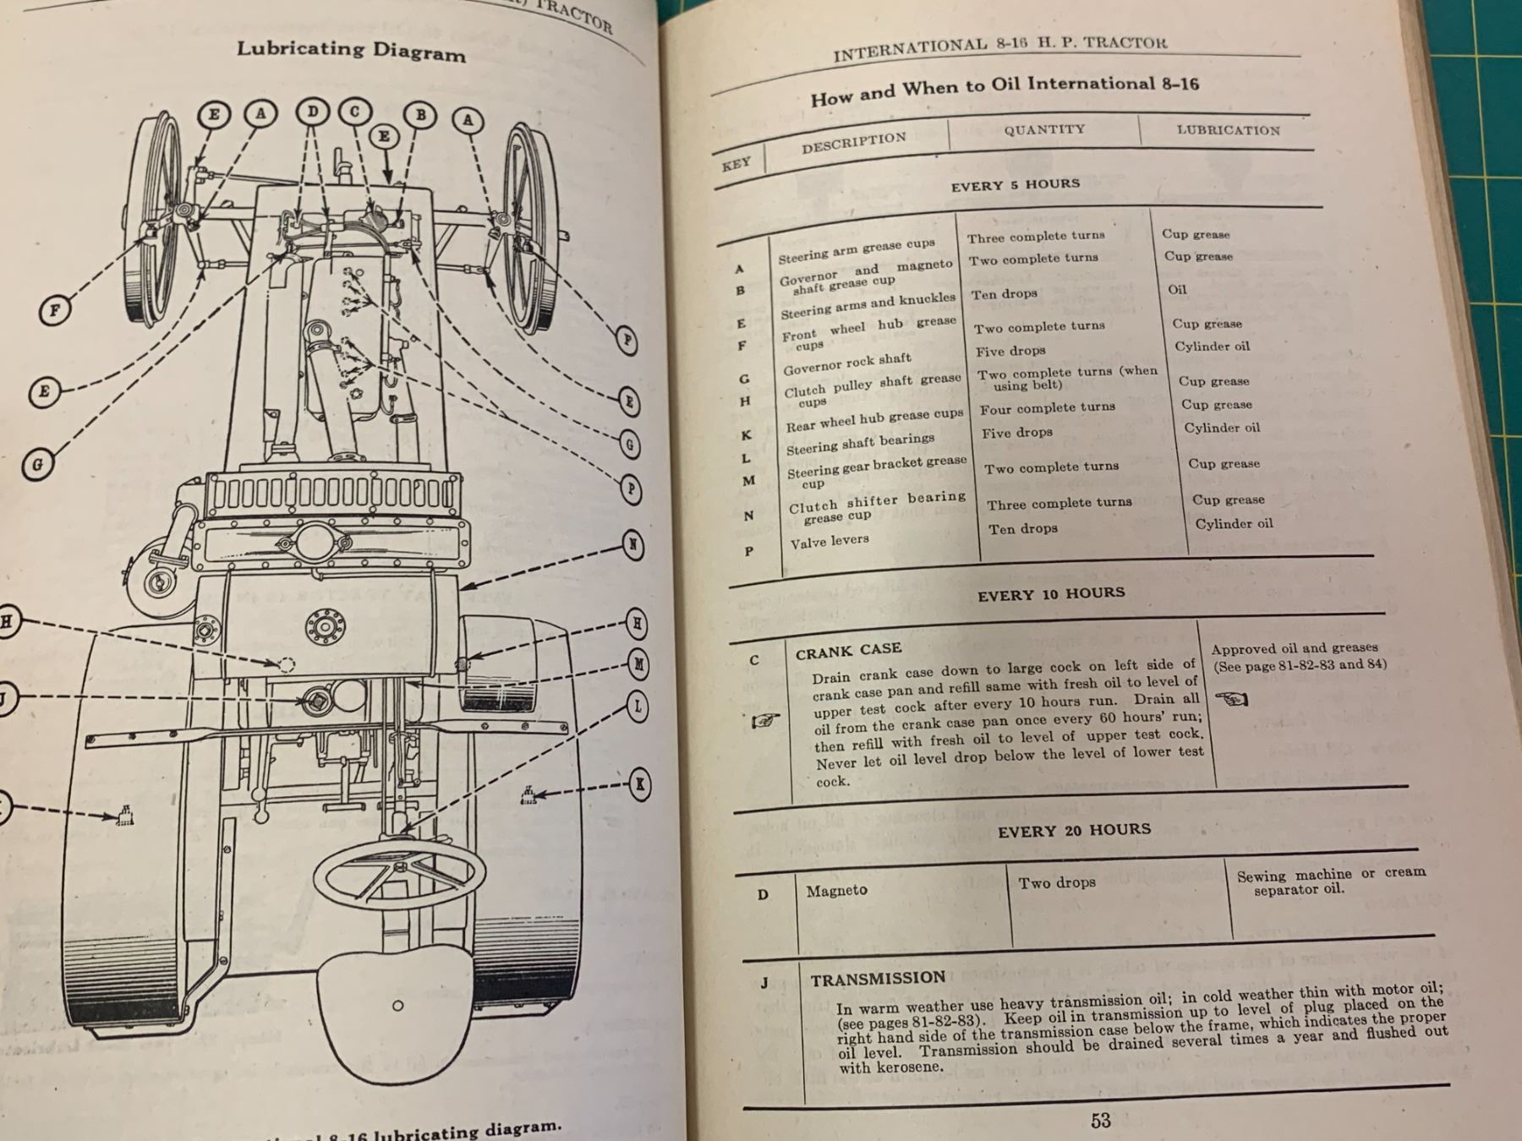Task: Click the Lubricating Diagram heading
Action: coord(351,50)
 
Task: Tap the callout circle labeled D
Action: coord(313,112)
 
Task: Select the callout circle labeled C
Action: coord(355,112)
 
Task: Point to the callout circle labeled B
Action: coord(420,115)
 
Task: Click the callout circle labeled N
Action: coord(632,544)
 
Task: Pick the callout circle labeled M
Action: coord(639,664)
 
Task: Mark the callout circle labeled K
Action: coord(640,784)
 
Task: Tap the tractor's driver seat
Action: coord(397,1010)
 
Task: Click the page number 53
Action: coord(1100,1121)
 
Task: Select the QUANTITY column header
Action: coord(1044,129)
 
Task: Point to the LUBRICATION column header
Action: coord(1228,130)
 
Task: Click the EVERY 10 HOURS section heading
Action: coord(1051,594)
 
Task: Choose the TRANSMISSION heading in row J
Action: coord(878,979)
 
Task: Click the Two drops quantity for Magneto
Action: coord(1057,883)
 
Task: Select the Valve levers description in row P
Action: coord(829,542)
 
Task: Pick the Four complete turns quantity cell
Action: coord(1048,407)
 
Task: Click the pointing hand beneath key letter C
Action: coord(765,721)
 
